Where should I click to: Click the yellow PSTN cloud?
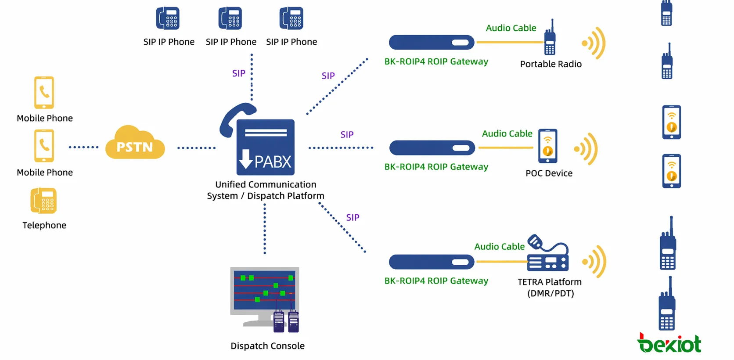coord(135,143)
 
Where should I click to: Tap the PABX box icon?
coord(265,148)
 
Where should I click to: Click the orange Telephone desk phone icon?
coord(43,201)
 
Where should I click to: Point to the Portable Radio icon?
coord(550,39)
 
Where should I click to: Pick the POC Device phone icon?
coord(547,146)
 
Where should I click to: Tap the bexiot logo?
coord(669,343)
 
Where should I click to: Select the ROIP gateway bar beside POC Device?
coord(432,148)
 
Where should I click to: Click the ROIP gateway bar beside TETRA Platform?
coord(432,262)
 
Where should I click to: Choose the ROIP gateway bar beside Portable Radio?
coord(432,43)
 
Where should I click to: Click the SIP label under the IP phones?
coord(238,73)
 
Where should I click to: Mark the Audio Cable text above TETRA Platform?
coord(499,247)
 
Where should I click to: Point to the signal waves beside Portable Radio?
coord(594,43)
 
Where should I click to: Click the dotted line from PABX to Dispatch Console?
coord(264,228)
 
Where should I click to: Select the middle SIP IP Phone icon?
coord(230,18)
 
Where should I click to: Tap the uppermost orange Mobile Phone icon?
coord(44,93)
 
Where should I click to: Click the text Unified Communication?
coord(266,184)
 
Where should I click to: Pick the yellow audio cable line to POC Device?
coord(506,148)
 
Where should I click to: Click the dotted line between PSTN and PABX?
coord(196,148)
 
